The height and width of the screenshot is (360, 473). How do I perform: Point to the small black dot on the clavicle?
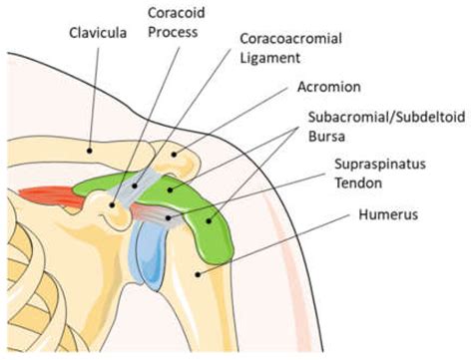87,150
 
